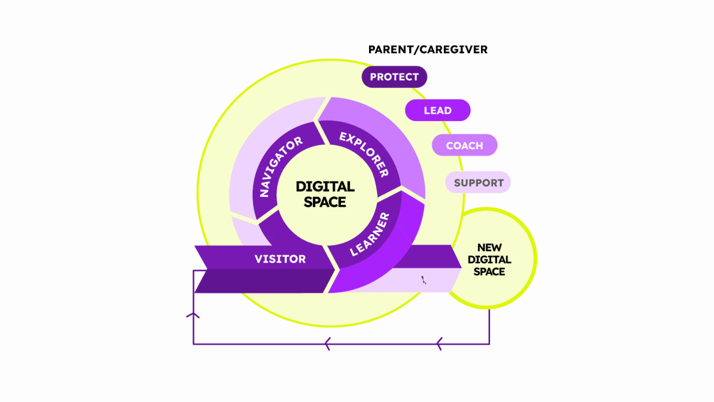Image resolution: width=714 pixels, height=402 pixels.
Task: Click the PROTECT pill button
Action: [394, 77]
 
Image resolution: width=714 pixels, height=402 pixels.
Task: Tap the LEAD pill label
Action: [438, 110]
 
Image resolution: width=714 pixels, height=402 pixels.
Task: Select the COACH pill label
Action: [465, 146]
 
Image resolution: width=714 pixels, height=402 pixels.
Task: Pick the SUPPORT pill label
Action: [478, 183]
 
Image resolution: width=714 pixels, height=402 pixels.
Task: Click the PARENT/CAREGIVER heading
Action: [428, 50]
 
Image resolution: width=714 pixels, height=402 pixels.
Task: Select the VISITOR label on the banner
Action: [280, 259]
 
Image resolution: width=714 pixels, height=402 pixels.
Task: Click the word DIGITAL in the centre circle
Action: [325, 187]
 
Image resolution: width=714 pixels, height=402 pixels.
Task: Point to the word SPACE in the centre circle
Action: [325, 202]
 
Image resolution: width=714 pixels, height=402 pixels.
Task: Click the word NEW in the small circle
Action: [489, 247]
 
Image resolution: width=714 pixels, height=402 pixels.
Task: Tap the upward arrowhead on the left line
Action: [193, 315]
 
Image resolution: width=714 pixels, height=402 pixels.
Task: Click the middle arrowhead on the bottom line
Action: [328, 344]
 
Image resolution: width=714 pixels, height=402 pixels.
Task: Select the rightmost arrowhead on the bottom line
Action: [440, 344]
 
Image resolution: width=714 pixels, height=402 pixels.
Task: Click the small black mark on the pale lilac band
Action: [423, 280]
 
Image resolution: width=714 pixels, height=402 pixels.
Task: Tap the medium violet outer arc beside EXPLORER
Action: [395, 134]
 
